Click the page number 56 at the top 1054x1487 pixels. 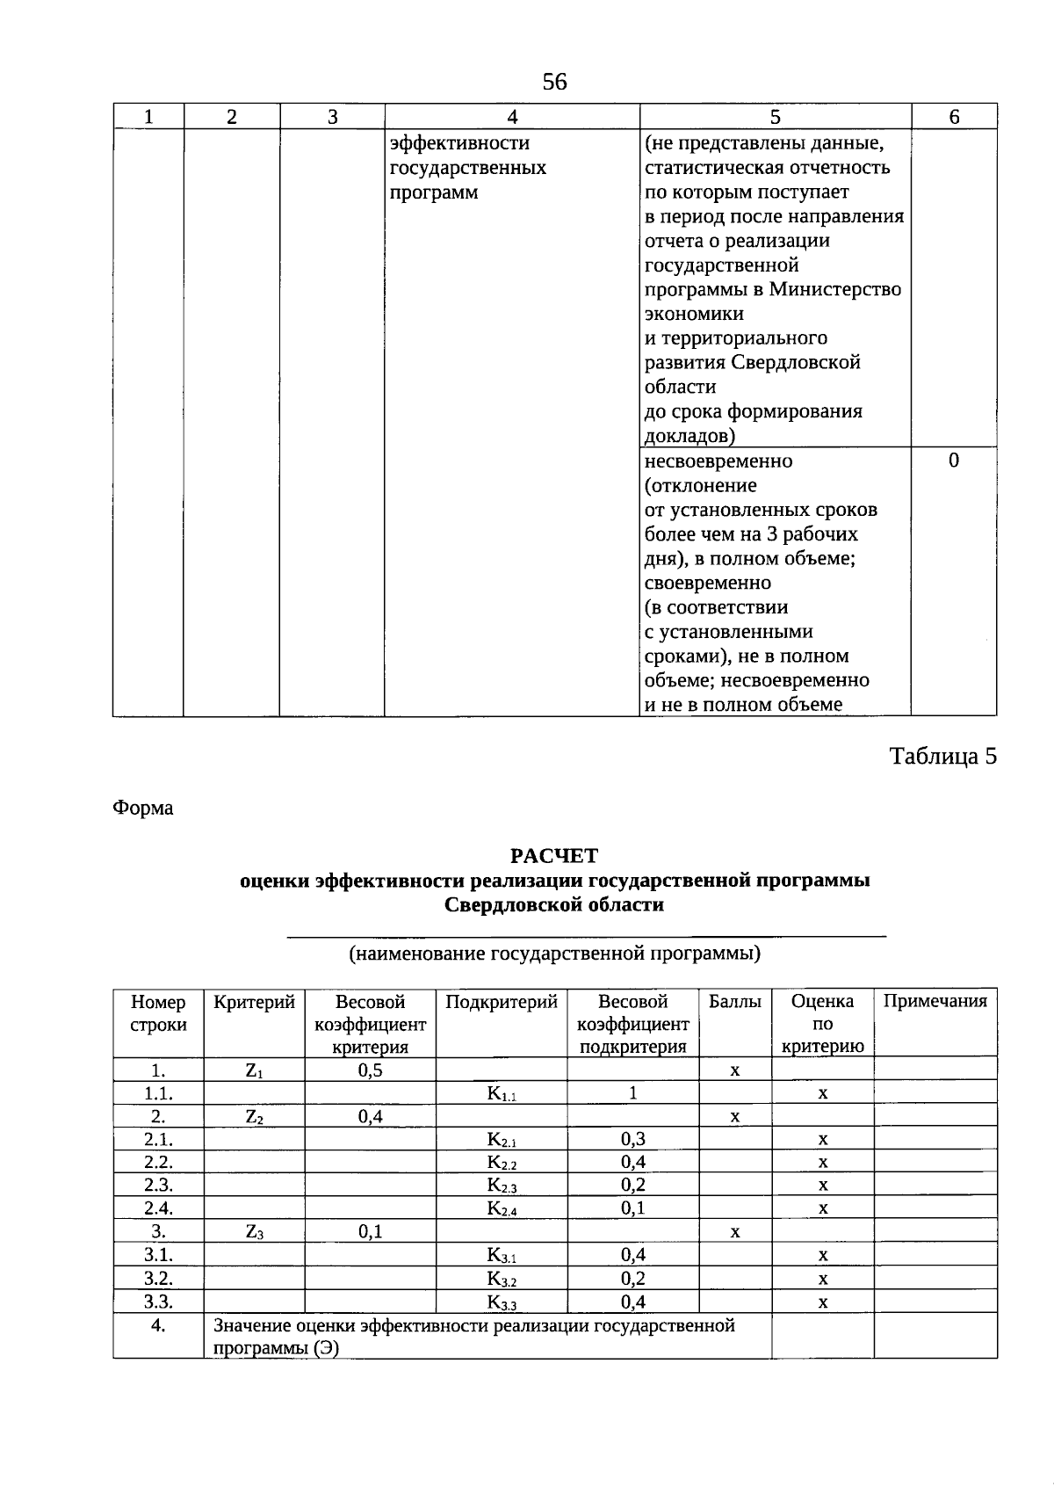tap(555, 82)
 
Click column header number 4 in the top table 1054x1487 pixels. tap(512, 117)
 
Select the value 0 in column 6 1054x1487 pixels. tap(954, 461)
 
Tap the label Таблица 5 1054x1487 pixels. tap(943, 757)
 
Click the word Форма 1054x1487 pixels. tap(143, 808)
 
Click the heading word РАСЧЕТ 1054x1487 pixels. tap(554, 856)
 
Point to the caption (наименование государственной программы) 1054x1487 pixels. tap(554, 954)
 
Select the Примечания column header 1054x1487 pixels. tap(935, 1001)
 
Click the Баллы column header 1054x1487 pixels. tap(735, 1001)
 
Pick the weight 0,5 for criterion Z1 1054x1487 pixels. tap(370, 1070)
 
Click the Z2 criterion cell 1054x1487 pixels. tap(255, 1116)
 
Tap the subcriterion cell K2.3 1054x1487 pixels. tap(502, 1185)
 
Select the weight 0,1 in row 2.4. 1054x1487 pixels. tap(632, 1208)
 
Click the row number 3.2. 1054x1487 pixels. tap(158, 1278)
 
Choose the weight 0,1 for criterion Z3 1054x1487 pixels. tap(370, 1231)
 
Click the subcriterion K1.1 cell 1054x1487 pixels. tap(502, 1093)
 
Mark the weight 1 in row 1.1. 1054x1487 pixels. tap(632, 1092)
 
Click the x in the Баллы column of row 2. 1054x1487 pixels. tap(735, 1117)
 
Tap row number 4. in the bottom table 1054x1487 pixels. tap(158, 1325)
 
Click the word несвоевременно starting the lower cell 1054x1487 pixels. tap(718, 461)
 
